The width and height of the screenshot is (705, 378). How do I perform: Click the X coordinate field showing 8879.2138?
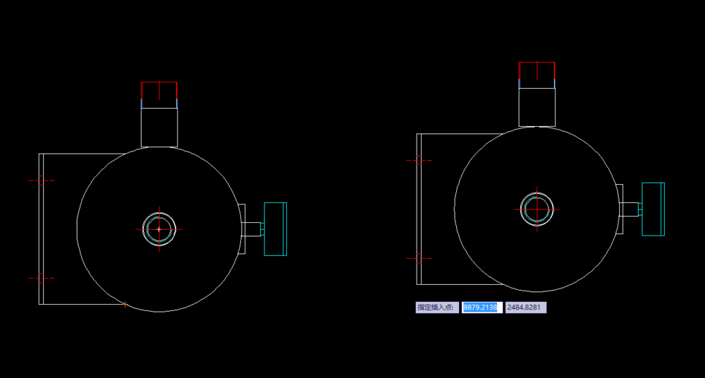coord(482,307)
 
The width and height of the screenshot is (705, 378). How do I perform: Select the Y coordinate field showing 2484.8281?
coord(526,307)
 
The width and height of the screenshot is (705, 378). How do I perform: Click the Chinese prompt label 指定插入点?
coord(437,307)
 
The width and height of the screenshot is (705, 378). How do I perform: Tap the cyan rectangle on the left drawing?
coord(275,229)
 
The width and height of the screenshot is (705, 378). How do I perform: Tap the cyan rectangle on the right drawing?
coord(653,209)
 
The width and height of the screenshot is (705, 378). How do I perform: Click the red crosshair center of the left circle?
coord(159,229)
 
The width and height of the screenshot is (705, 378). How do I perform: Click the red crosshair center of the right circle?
coord(537,209)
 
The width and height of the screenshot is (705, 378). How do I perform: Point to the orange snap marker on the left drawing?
coord(125,305)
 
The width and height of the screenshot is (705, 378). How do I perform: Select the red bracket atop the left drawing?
coord(159,83)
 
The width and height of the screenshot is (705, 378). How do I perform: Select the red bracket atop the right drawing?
coord(537,63)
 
